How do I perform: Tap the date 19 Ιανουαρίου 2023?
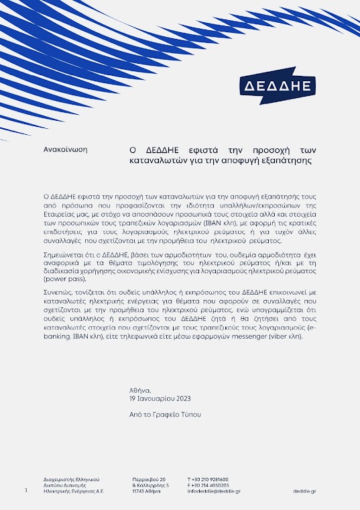[x=156, y=399]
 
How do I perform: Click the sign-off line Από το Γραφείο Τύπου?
[x=165, y=415]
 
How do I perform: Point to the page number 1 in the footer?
[x=25, y=491]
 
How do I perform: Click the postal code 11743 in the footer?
[x=139, y=491]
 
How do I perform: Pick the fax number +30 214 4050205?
[x=211, y=485]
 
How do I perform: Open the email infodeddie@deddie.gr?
[x=214, y=491]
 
